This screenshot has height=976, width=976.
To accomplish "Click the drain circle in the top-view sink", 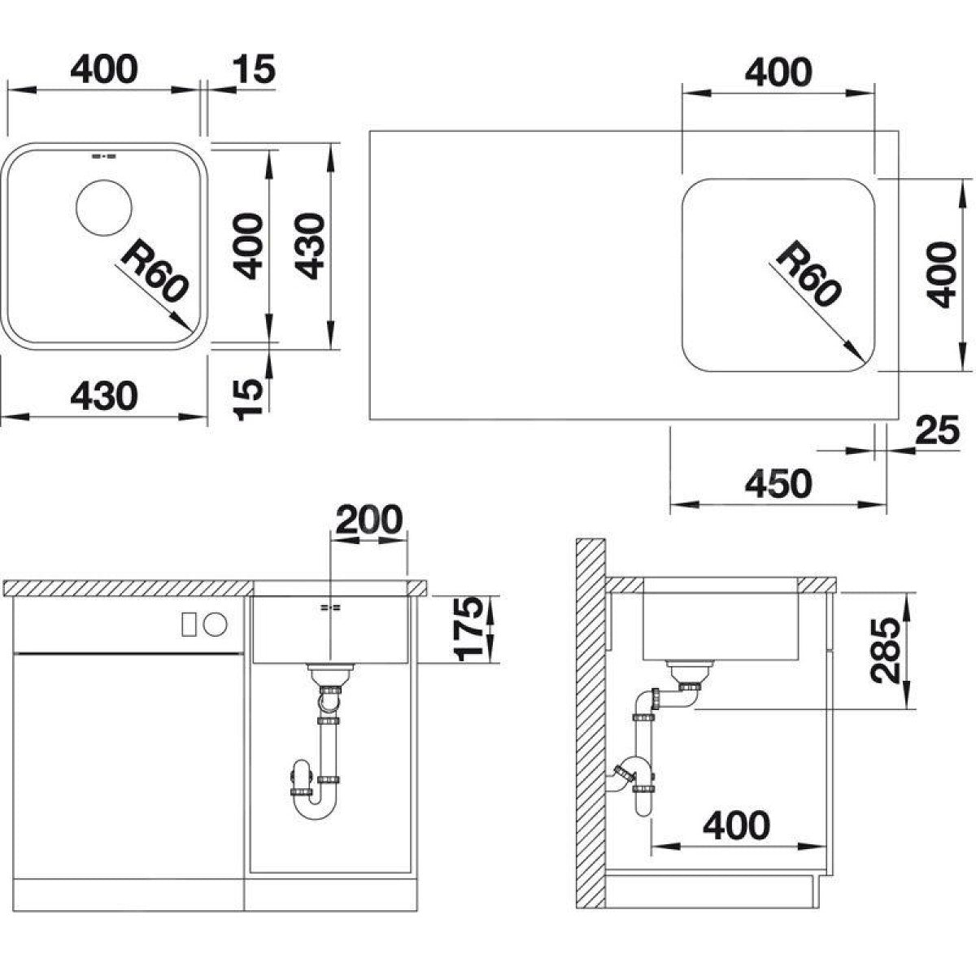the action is pos(103,207).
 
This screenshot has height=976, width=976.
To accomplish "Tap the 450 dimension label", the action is pos(778,484).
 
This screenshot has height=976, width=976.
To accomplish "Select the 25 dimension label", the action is pos(936,430).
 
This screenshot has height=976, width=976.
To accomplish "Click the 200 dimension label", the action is pos(368,519).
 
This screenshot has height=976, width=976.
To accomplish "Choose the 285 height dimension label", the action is pos(885,651).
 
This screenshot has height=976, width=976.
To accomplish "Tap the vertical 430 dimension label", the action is pos(308,246).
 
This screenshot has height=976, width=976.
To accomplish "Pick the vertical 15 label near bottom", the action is pos(248,400).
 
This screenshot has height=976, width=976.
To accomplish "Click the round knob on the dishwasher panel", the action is pos(216,625).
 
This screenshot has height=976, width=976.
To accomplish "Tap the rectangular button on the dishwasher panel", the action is pos(189,625).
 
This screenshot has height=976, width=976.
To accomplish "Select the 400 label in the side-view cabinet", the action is pos(736,826).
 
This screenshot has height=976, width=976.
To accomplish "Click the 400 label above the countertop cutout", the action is pos(778,72).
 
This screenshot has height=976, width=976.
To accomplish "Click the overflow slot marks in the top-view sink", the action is pos(103,155).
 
